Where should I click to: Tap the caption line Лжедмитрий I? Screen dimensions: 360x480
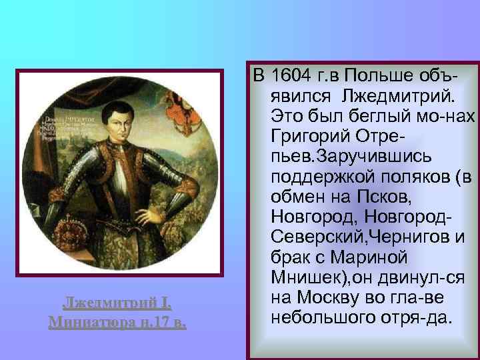point(117,306)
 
